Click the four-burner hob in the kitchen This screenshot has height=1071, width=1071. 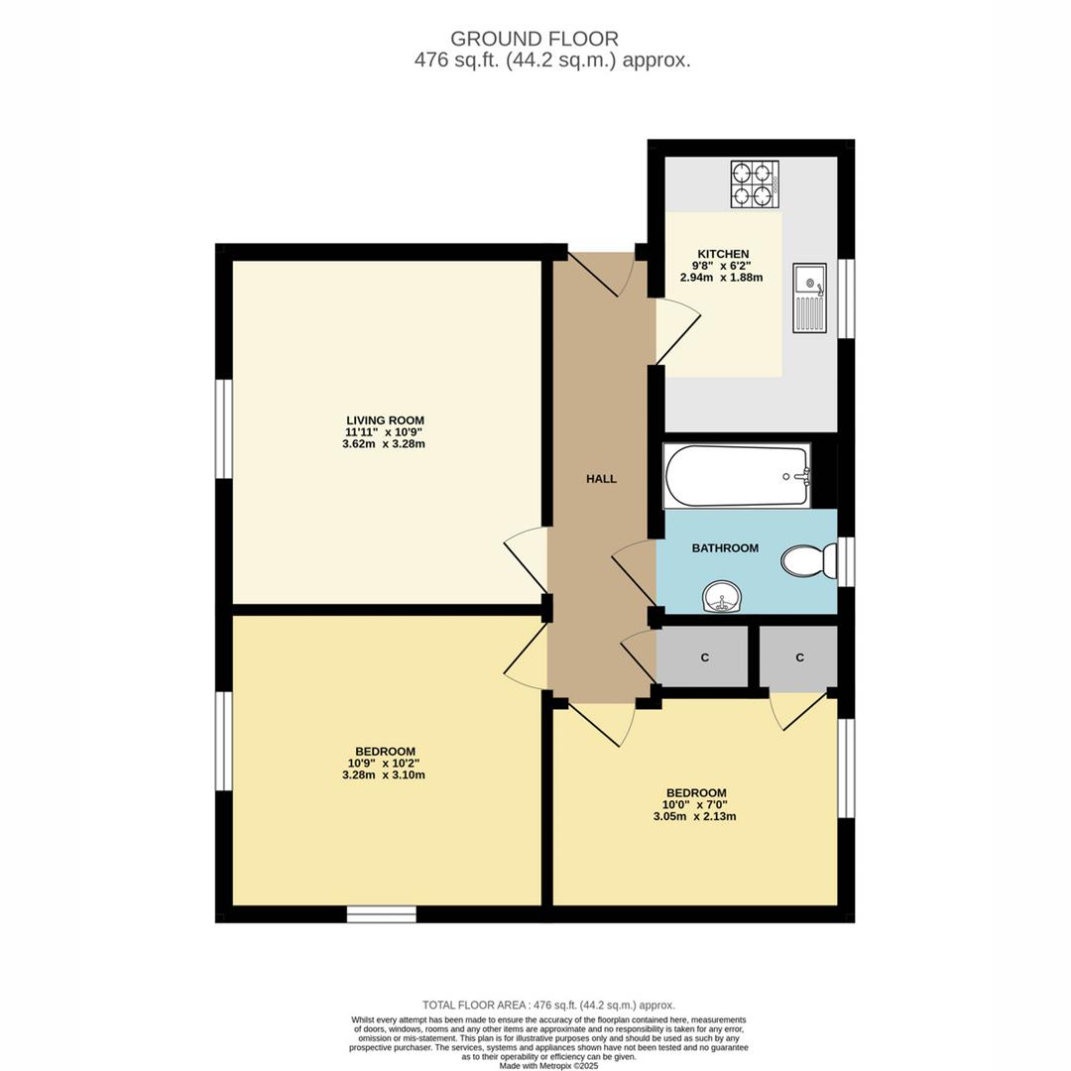[755, 184]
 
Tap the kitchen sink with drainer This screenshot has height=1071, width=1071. [809, 298]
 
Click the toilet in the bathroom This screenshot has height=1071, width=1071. [807, 561]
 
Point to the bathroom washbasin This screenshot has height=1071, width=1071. [722, 597]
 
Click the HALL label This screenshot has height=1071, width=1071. [601, 479]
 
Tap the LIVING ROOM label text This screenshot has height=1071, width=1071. [385, 420]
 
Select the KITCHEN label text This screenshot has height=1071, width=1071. [721, 254]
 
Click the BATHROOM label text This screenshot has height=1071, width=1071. [725, 548]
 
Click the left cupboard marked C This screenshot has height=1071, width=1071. [704, 656]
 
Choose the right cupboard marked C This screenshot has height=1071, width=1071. [799, 656]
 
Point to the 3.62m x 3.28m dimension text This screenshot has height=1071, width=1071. [385, 444]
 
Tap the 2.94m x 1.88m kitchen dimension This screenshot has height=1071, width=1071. [721, 278]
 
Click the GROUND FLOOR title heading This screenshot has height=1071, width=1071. [535, 39]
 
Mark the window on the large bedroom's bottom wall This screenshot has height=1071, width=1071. [382, 914]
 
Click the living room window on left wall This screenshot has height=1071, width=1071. [224, 428]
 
